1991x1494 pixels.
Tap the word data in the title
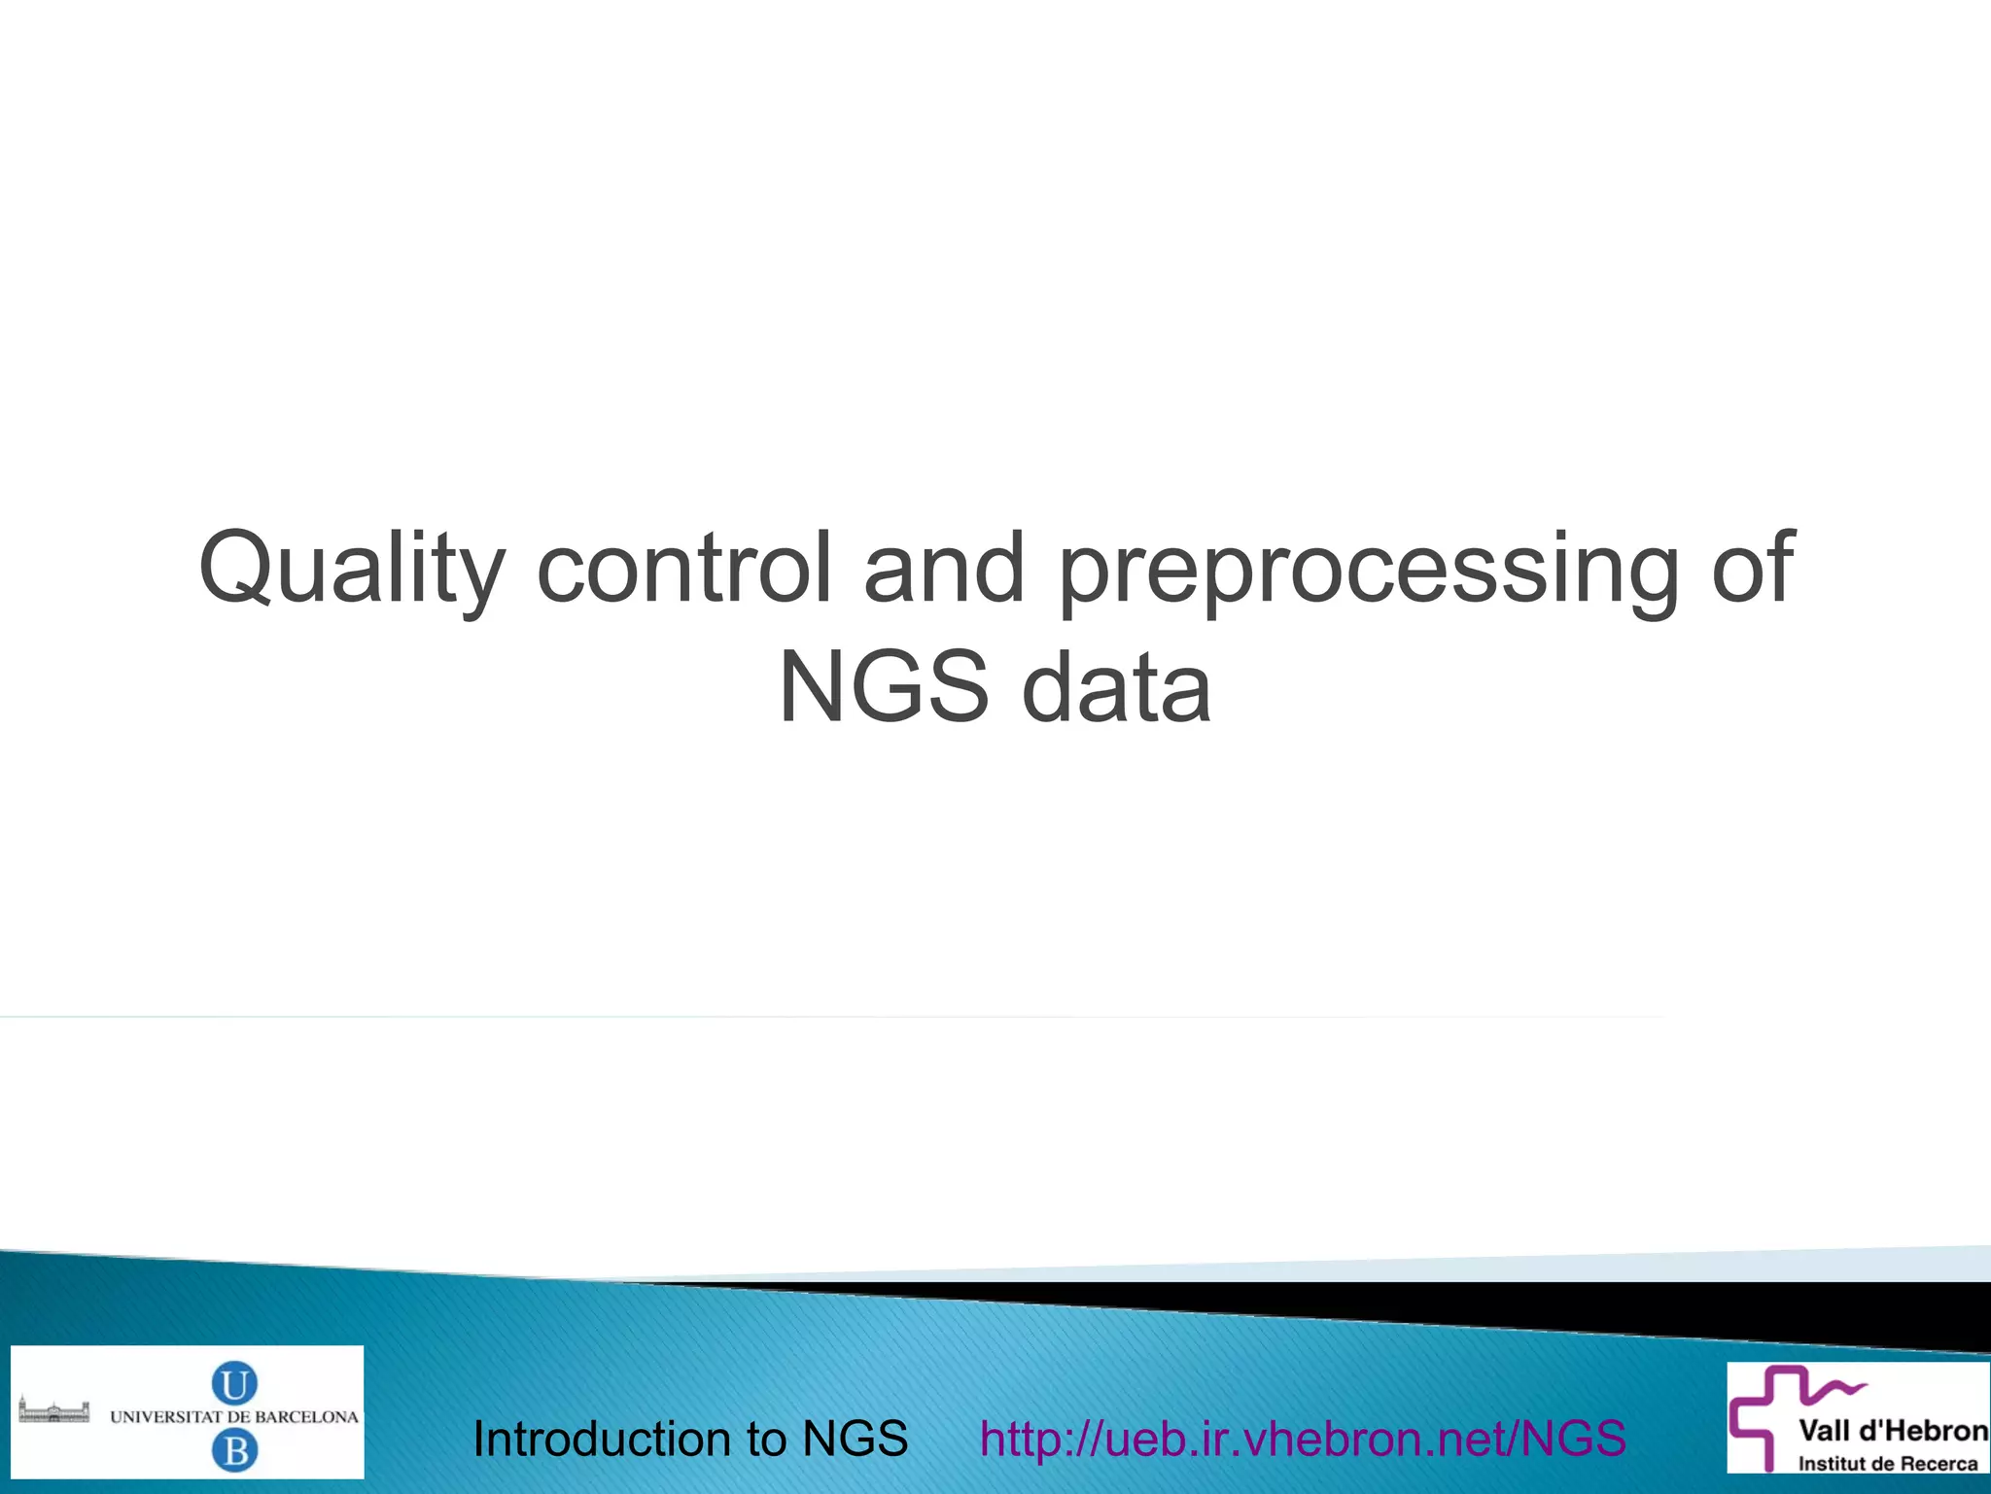pyautogui.click(x=1117, y=688)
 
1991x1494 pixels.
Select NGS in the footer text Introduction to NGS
pyautogui.click(x=855, y=1439)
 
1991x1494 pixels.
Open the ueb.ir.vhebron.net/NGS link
pyautogui.click(x=1303, y=1439)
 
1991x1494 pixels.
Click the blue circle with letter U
pyautogui.click(x=234, y=1382)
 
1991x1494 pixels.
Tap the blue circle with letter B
pyautogui.click(x=234, y=1451)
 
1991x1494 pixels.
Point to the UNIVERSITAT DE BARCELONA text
pyautogui.click(x=234, y=1417)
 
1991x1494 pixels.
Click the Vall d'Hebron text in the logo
pyautogui.click(x=1892, y=1431)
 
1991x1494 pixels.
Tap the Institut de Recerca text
pyautogui.click(x=1887, y=1464)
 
